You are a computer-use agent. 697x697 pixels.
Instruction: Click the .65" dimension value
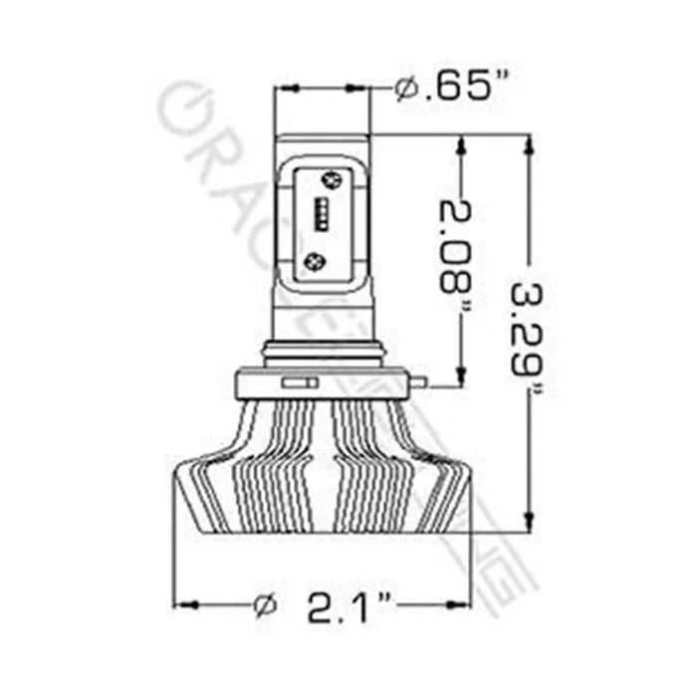tap(459, 89)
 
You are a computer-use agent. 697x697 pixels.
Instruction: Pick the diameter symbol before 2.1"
tap(266, 603)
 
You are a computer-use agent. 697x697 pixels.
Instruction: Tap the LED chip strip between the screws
tap(324, 215)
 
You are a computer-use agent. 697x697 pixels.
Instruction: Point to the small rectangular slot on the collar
tap(299, 381)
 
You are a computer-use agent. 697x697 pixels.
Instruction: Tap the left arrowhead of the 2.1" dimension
tap(184, 603)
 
